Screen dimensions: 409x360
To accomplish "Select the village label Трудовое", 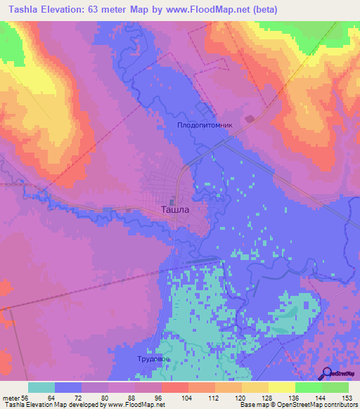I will tap(154, 359).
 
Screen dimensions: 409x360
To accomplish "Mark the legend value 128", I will tap(268, 397).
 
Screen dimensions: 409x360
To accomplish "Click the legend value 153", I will tap(346, 397).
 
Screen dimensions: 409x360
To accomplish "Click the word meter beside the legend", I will tap(10, 397).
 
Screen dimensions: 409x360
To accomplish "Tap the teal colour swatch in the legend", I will tap(41, 387).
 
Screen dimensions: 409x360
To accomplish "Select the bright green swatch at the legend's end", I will tap(335, 387).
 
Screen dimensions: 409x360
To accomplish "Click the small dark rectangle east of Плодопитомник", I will tap(250, 118).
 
